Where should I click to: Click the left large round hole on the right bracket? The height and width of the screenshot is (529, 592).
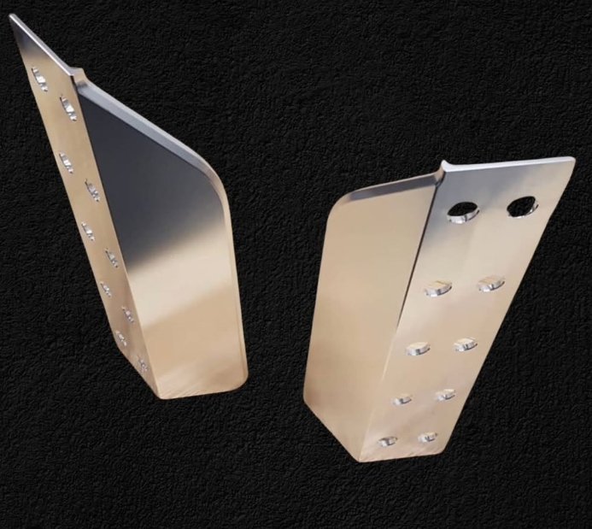click(462, 210)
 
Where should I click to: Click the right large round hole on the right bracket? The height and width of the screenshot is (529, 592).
click(521, 206)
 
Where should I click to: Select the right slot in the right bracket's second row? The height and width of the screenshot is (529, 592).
click(490, 283)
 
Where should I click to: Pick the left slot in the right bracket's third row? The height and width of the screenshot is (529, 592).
click(419, 347)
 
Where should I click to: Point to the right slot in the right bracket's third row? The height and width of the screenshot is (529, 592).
click(466, 344)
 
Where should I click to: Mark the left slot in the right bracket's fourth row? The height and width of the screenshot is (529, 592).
click(402, 398)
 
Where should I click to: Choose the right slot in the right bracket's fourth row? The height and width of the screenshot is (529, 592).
click(445, 394)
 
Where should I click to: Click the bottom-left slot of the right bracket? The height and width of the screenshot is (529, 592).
click(388, 440)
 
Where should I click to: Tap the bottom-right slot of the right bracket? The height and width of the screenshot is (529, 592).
click(427, 437)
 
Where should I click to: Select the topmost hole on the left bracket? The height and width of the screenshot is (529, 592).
click(39, 78)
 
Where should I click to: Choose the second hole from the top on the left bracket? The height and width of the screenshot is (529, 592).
click(67, 108)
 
